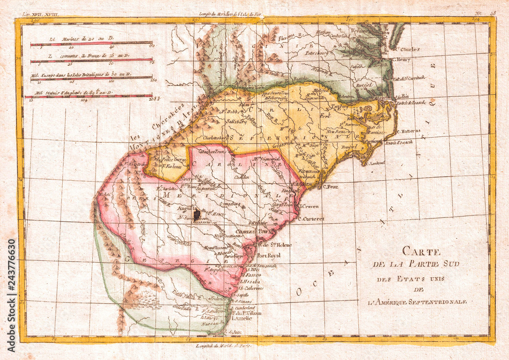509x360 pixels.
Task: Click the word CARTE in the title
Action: pyautogui.click(x=418, y=251)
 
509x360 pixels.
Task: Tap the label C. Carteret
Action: pyautogui.click(x=311, y=219)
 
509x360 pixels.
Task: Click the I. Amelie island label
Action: pyautogui.click(x=242, y=318)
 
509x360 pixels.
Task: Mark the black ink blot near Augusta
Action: pyautogui.click(x=197, y=215)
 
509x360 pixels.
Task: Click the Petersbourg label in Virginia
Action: pyautogui.click(x=318, y=52)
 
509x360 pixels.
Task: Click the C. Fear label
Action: pyautogui.click(x=330, y=186)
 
